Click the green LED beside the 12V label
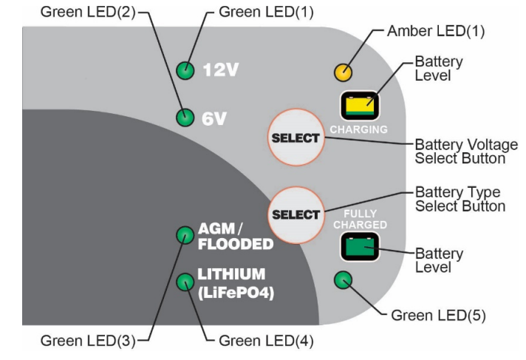(185, 70)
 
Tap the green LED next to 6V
(185, 118)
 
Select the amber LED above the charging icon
(344, 72)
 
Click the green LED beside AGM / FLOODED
(185, 235)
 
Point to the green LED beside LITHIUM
(185, 282)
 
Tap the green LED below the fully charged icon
(344, 280)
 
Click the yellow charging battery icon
(360, 106)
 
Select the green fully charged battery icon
(360, 247)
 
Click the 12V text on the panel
(220, 70)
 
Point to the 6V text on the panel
(214, 118)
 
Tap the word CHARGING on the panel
(358, 129)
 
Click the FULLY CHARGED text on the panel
(361, 219)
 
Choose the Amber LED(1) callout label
(436, 31)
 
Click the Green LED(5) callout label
(438, 316)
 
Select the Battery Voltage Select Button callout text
(466, 152)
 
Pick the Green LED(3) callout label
(88, 341)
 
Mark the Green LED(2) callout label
(88, 12)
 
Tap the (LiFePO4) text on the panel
(236, 293)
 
